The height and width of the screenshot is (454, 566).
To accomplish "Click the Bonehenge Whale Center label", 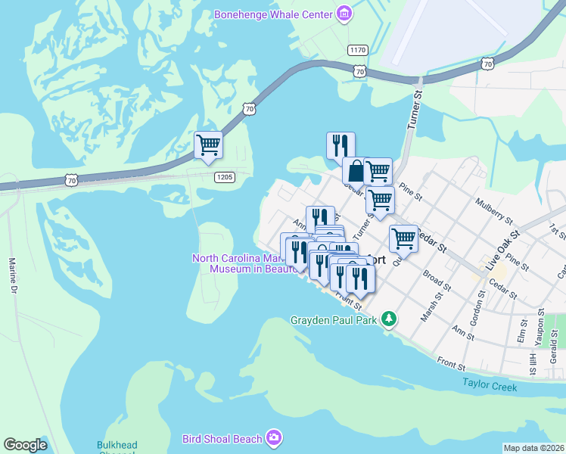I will (x=273, y=14).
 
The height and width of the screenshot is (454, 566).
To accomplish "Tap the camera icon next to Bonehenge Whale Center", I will (x=344, y=14).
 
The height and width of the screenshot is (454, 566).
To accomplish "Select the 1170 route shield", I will (x=358, y=50).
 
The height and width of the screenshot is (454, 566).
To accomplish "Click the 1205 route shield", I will (x=225, y=177).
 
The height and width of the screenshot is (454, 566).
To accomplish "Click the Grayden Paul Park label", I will (x=334, y=319).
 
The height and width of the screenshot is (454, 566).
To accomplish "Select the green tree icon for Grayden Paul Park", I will (x=389, y=319).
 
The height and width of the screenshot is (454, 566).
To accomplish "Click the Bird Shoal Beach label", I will (x=222, y=438).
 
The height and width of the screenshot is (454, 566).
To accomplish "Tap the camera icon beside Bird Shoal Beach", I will (x=274, y=438).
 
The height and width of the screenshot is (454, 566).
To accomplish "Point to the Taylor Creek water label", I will (x=490, y=387).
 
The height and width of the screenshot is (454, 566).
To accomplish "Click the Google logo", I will (x=25, y=444).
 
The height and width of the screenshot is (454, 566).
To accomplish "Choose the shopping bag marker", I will (x=355, y=171).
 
